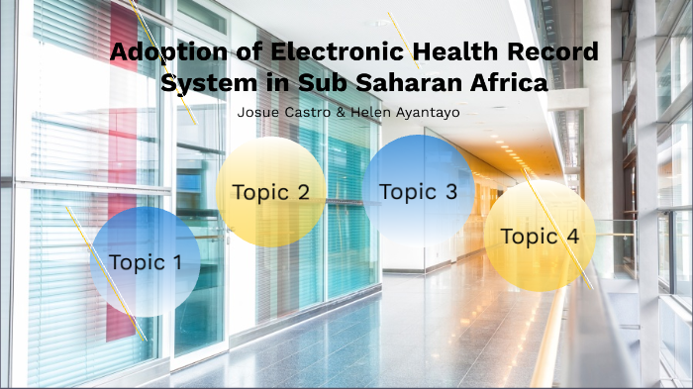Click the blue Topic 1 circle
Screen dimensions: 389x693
146,262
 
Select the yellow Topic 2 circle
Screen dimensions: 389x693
270,191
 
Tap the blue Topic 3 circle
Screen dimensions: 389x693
418,191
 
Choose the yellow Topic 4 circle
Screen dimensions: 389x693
540,236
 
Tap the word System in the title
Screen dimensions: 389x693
203,83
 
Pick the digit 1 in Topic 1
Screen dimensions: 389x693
177,262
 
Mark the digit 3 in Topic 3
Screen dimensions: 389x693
450,191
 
